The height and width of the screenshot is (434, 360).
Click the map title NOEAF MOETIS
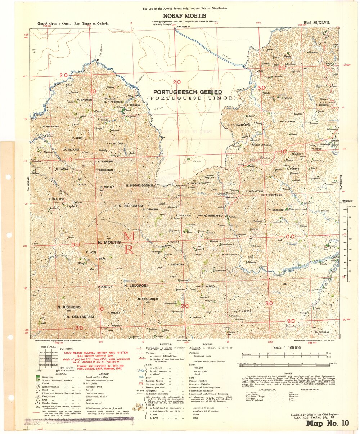180,16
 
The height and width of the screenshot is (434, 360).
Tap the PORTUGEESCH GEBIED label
188,92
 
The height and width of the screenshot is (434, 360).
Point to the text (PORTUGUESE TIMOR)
191,98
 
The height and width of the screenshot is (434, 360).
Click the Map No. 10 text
327,423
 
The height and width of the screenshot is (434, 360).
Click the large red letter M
129,237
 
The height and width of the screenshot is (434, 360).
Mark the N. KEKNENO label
69,307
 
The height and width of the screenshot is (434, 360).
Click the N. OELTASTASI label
80,317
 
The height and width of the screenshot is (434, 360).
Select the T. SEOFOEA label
176,265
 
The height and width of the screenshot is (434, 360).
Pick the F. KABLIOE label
56,199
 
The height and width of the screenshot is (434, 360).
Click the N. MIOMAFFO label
214,216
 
